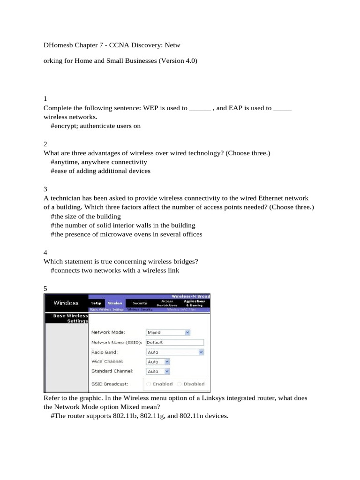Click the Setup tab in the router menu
tap(96, 303)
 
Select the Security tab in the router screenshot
tap(140, 303)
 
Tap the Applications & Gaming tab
tap(194, 303)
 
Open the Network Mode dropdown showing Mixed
tap(187, 332)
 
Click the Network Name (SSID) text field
tap(175, 342)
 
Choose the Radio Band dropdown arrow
tap(201, 352)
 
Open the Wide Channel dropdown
tap(167, 362)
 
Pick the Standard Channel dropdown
tap(167, 371)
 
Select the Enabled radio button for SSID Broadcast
tap(149, 384)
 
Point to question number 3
tap(45, 189)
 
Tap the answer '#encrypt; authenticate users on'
tap(96, 126)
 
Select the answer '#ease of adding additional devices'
tap(100, 171)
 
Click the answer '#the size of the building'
tap(86, 216)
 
